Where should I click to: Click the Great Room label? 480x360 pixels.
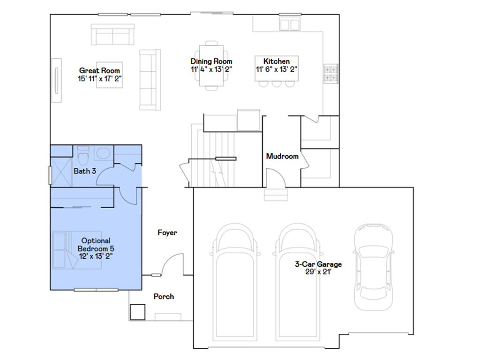[x=100, y=71]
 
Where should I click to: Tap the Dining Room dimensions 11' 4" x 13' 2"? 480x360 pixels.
[x=211, y=69]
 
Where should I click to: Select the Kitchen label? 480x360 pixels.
[x=276, y=61]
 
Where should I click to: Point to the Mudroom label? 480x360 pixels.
[x=282, y=157]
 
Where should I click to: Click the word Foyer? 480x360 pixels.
[x=167, y=232]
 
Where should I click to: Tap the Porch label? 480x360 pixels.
[x=164, y=296]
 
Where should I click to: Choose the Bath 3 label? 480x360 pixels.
[x=85, y=171]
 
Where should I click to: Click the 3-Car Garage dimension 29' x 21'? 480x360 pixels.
[x=318, y=271]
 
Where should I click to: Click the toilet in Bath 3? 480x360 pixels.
[x=83, y=155]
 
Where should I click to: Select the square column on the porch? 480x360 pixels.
[x=137, y=312]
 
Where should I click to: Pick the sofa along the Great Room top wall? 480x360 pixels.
[x=112, y=34]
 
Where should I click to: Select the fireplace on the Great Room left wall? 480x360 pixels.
[x=56, y=80]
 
